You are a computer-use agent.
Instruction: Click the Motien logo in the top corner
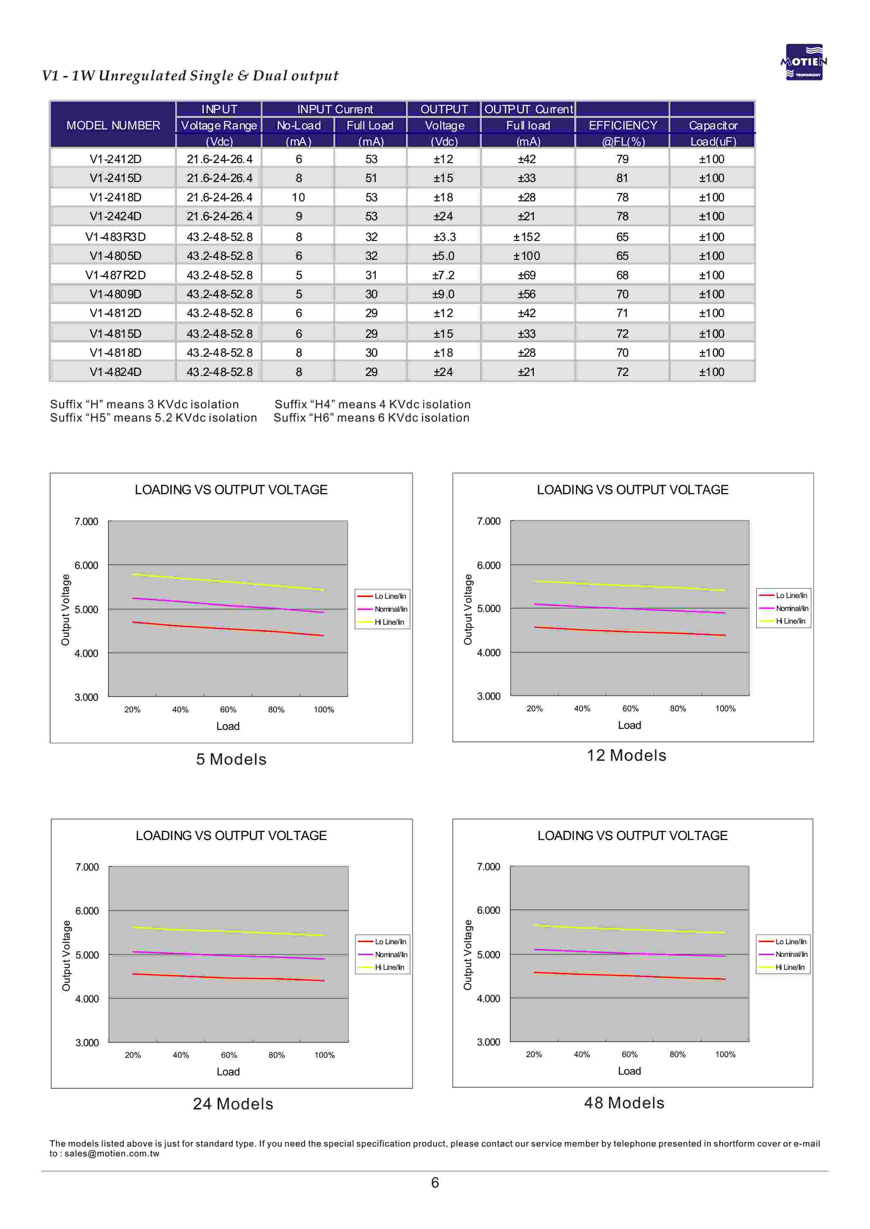pos(804,62)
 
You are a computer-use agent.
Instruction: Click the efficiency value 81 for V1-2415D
pos(622,178)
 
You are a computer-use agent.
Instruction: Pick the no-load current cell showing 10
pos(298,197)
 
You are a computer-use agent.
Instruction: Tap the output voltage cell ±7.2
pos(444,275)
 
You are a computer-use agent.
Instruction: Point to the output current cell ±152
pos(527,237)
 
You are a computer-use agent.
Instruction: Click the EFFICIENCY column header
pos(623,125)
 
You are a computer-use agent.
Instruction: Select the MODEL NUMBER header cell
pos(113,125)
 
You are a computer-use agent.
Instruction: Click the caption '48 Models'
pos(624,1103)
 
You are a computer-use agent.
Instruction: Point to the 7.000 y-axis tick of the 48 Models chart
pos(488,867)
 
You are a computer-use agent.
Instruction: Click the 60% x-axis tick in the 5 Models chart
pos(228,710)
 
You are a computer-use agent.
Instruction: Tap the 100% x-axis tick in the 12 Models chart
pos(725,709)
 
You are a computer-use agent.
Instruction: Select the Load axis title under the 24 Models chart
pos(228,1072)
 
